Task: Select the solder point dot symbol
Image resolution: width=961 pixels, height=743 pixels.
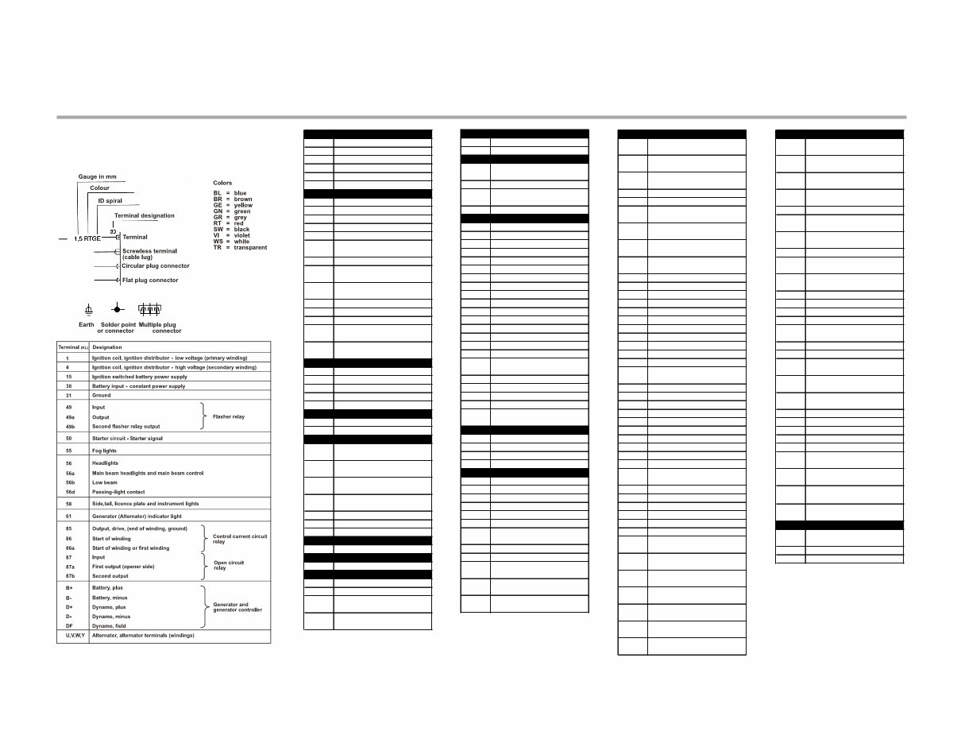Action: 117,308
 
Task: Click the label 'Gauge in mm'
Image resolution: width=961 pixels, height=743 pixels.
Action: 97,176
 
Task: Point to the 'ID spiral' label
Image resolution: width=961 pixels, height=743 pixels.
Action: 110,201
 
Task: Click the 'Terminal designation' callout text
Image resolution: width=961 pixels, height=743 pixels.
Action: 144,215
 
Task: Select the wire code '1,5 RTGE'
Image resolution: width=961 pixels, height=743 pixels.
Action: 87,238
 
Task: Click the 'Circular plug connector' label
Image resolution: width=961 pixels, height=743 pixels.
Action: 156,266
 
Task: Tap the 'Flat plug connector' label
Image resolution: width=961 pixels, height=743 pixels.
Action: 150,281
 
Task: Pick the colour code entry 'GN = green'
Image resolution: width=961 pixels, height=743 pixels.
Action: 232,211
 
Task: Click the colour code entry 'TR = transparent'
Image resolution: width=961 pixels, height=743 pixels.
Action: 240,248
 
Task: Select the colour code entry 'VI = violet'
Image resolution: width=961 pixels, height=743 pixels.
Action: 231,236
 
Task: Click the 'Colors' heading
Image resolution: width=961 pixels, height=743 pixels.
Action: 222,183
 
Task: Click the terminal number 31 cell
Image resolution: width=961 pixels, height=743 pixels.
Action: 69,395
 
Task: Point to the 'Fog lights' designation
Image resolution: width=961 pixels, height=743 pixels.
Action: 104,451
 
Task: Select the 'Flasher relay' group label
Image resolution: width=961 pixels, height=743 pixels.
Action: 229,416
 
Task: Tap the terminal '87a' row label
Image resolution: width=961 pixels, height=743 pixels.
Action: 70,567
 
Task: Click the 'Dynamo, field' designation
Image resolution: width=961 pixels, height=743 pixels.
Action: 108,626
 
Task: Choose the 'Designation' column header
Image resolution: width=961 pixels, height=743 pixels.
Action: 107,347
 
